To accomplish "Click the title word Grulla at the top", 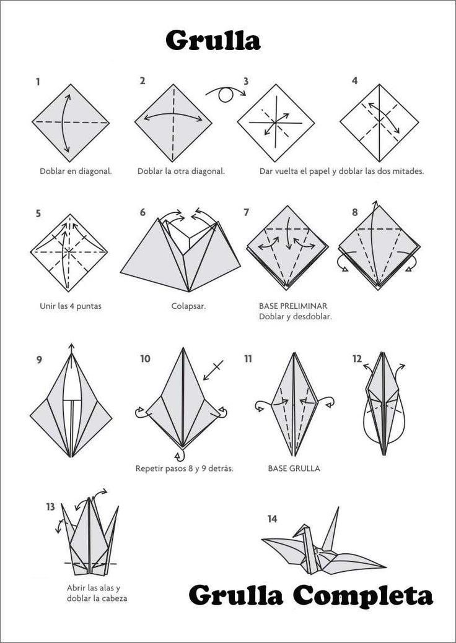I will pos(213,40).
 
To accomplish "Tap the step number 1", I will pos(38,81).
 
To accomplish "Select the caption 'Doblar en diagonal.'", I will pos(76,171).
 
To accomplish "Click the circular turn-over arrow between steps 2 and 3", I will pos(225,94).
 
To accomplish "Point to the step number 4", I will pos(354,81).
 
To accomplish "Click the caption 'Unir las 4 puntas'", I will pos(71,306).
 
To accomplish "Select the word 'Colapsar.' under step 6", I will pos(188,306).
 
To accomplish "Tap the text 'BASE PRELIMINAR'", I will pos(293,306).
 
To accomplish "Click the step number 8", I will pos(354,212).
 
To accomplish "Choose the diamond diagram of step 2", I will pos(173,123).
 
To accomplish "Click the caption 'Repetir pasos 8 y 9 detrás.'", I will pos(184,468).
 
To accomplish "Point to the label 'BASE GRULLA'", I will pos(294,468).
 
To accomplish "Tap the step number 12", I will pos(357,359).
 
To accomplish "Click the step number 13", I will pos(50,507).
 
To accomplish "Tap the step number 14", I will pos(272,519).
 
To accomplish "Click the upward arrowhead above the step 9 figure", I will pos(72,347).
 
